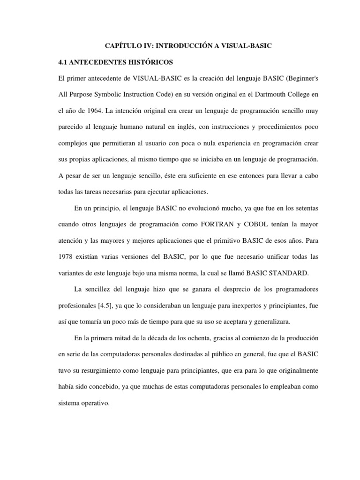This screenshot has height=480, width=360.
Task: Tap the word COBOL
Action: click(256, 224)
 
